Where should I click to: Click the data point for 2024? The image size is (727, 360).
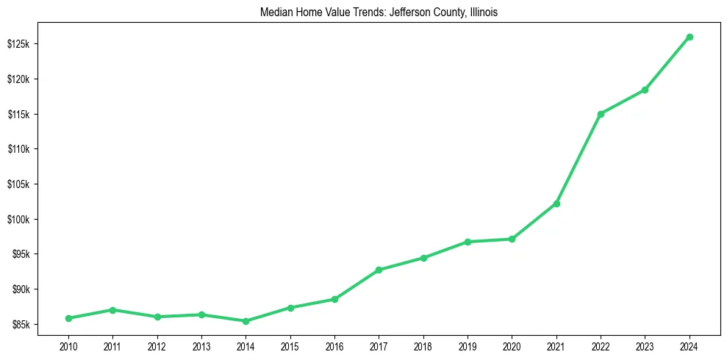[690, 37]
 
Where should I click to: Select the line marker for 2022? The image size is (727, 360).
[601, 114]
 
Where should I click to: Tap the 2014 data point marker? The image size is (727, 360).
[246, 321]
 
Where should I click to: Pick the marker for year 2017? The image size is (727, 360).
[379, 270]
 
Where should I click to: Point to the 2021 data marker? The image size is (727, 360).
[556, 204]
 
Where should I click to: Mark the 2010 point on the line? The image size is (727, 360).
[68, 318]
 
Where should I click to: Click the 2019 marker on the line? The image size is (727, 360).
[468, 242]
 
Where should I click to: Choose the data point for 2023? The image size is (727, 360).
[645, 90]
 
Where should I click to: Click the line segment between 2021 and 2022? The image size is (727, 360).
[579, 159]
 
